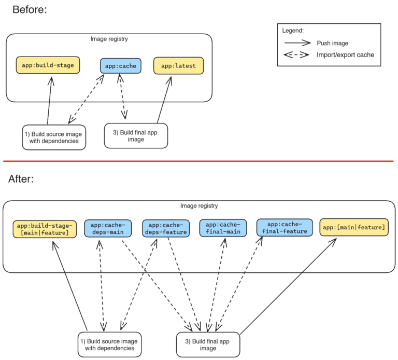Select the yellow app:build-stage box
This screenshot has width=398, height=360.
click(x=48, y=65)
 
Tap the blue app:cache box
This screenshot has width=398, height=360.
click(x=120, y=66)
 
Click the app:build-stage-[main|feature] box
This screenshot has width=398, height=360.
click(x=45, y=229)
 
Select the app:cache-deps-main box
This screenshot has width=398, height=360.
click(x=108, y=228)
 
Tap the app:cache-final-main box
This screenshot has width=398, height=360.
click(x=223, y=228)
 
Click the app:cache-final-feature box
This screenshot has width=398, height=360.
click(x=285, y=228)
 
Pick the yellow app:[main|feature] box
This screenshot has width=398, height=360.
click(x=354, y=228)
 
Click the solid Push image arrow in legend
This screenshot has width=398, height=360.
click(x=296, y=43)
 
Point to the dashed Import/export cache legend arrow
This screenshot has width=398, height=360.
click(x=296, y=55)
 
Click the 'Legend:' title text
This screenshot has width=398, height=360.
click(x=293, y=31)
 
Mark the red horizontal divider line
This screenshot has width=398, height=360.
click(x=199, y=161)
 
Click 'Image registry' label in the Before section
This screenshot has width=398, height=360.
click(x=109, y=39)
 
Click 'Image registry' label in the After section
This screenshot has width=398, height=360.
click(x=199, y=206)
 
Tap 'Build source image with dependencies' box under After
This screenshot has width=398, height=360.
click(x=109, y=344)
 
